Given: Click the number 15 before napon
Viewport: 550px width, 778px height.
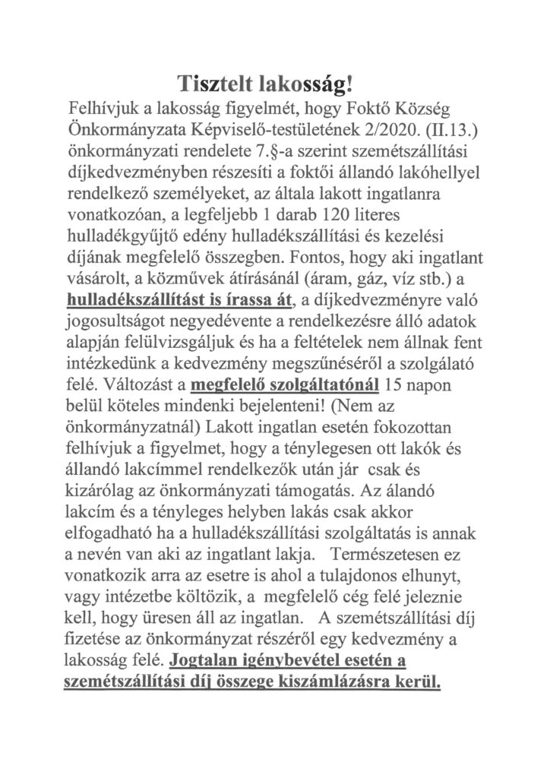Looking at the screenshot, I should pos(400,382).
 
